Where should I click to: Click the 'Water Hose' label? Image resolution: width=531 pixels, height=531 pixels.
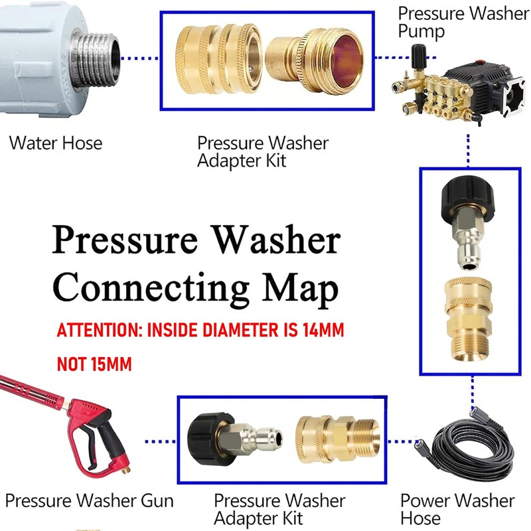[x=56, y=143]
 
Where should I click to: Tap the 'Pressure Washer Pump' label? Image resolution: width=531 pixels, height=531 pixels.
[x=463, y=22]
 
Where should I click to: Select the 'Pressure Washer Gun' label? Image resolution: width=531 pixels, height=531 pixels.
[x=89, y=501]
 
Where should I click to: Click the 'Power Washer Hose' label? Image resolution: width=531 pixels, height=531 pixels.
[x=457, y=509]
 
